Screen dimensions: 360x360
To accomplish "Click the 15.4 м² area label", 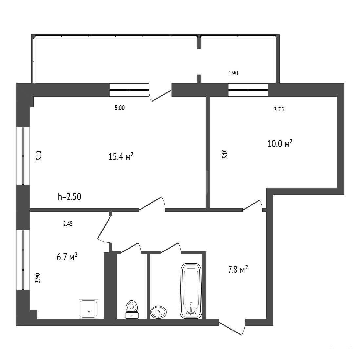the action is (x=121, y=157).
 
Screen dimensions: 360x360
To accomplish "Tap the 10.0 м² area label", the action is (x=280, y=144).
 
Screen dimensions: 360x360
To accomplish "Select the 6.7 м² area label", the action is (x=67, y=257).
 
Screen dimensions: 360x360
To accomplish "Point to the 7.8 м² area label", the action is (x=238, y=269).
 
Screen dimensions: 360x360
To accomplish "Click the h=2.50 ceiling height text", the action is (x=69, y=197).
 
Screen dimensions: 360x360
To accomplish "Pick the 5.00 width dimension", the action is (x=120, y=108).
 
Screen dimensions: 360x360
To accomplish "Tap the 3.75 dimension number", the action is (x=279, y=109).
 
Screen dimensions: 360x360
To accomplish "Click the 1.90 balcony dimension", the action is (x=233, y=73).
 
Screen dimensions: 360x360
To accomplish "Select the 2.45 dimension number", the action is (x=68, y=224).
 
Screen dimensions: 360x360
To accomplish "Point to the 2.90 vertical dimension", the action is (x=38, y=278).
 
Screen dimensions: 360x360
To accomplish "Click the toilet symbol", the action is (x=132, y=309).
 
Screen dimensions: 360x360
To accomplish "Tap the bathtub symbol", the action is (x=191, y=291).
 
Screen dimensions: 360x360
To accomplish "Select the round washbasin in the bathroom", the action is (x=158, y=312).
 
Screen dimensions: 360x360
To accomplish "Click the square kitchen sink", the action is (x=89, y=309).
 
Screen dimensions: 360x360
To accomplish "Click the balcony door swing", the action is (x=160, y=93).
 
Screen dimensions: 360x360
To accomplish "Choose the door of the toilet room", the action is (x=130, y=248).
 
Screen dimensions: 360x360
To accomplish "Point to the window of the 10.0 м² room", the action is (x=248, y=90).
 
